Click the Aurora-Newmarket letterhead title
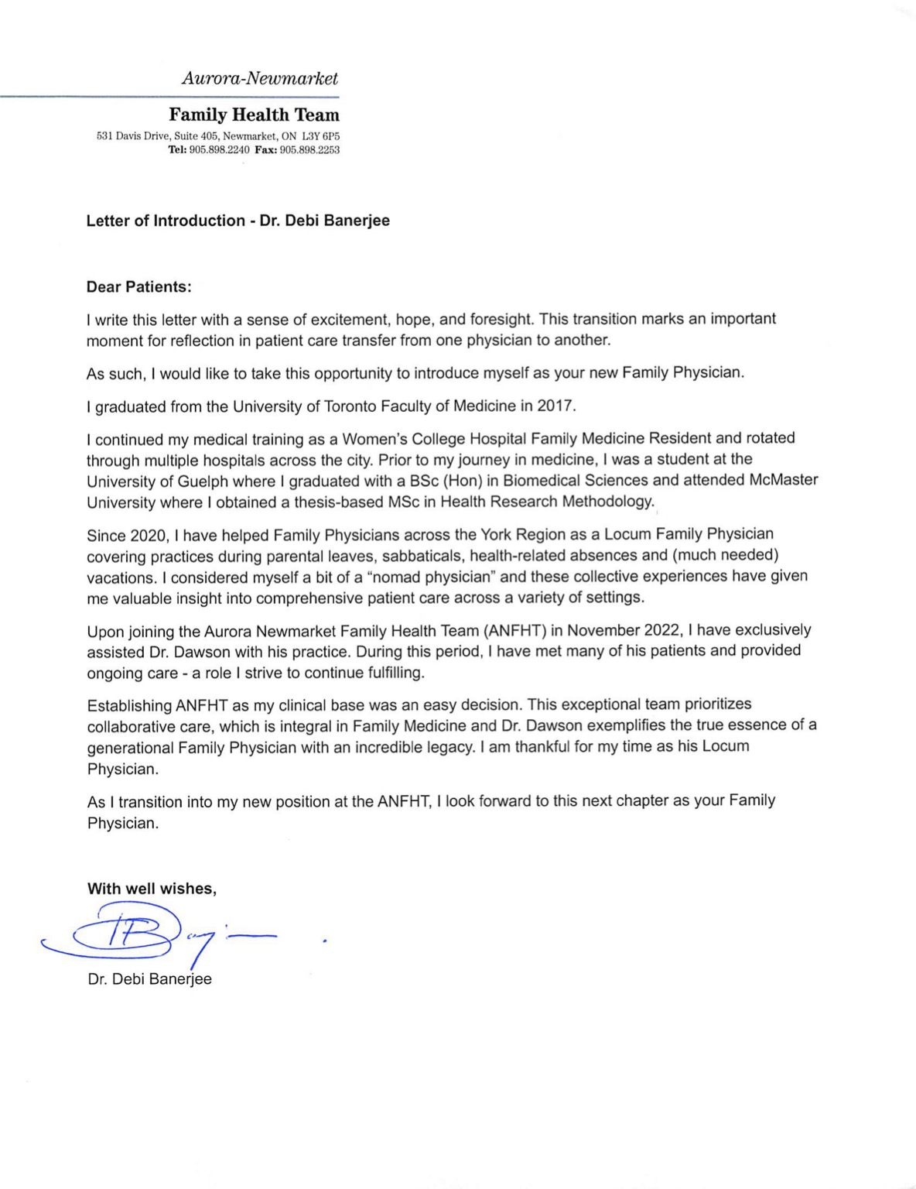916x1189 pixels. (259, 78)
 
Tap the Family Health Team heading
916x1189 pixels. (254, 115)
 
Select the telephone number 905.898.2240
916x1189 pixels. (219, 149)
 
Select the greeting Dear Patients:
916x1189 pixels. (138, 286)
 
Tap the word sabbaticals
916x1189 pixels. (415, 555)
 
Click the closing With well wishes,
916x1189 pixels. (152, 889)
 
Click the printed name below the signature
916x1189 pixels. (149, 979)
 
